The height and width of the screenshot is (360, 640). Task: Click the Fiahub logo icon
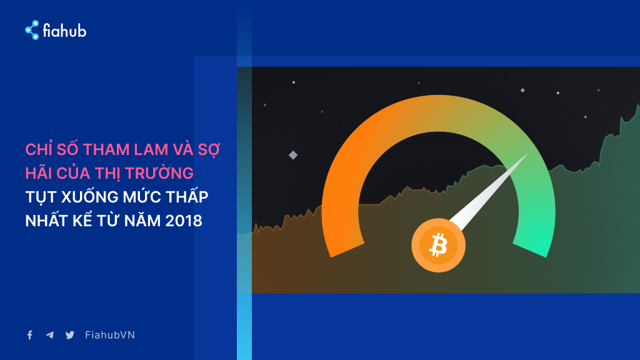coord(32,30)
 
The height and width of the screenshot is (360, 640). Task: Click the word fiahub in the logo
coord(64,31)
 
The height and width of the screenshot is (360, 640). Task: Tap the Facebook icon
coord(30,335)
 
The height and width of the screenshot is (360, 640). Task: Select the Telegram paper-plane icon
coord(50,335)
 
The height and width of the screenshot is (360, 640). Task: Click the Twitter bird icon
coord(70,335)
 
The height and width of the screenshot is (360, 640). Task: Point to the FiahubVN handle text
coord(110,335)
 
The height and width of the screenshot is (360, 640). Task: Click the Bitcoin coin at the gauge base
coord(438,245)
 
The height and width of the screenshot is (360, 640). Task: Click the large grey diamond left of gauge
coord(293,155)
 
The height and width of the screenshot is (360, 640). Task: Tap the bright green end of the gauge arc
coord(531,250)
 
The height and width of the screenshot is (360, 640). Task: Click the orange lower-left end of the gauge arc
coord(347,250)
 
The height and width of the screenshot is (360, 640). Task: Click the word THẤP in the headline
coord(187,196)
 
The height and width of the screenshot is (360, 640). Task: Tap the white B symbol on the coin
coord(438,245)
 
